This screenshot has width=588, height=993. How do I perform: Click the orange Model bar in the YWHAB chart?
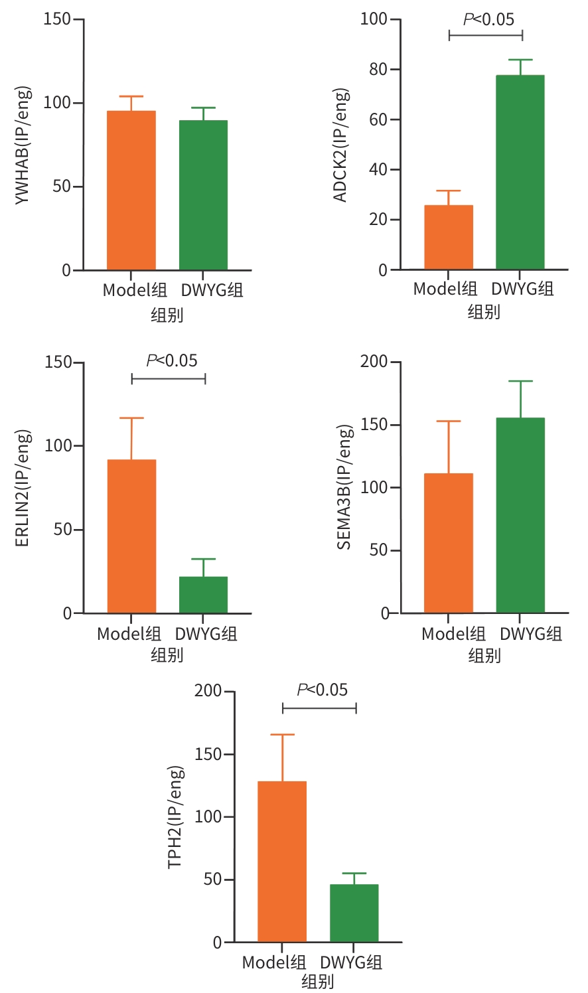coord(131,191)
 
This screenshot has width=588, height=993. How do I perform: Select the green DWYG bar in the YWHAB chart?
coord(203,195)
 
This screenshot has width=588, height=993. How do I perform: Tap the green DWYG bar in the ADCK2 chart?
coord(520,173)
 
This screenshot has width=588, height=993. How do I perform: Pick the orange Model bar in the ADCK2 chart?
coord(449,238)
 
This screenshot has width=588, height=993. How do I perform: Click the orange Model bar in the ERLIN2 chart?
coord(131,536)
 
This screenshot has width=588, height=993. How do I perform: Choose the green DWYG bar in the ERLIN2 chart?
coord(203,595)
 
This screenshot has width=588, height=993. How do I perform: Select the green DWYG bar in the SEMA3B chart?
coord(520,515)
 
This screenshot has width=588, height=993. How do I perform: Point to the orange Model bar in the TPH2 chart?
coord(282,862)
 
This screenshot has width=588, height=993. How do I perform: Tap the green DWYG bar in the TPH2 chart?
coord(354,913)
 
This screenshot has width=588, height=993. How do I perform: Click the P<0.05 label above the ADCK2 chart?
coord(488,19)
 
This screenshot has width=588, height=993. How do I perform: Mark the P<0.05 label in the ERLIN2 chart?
coord(172,360)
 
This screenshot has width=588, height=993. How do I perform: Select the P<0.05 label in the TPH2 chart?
coord(323,690)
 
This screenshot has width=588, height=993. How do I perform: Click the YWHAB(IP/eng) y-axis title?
coord(23,145)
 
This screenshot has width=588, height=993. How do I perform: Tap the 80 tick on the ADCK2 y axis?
coord(379,69)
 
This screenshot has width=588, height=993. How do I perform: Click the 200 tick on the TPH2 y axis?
coord(208,691)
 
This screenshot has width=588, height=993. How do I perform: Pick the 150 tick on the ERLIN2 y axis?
coord(58,362)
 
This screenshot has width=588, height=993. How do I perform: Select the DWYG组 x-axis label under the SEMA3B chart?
coord(531,634)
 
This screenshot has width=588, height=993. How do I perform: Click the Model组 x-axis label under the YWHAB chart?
coord(135,290)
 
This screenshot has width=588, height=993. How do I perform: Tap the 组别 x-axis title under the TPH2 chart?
coord(318,981)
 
